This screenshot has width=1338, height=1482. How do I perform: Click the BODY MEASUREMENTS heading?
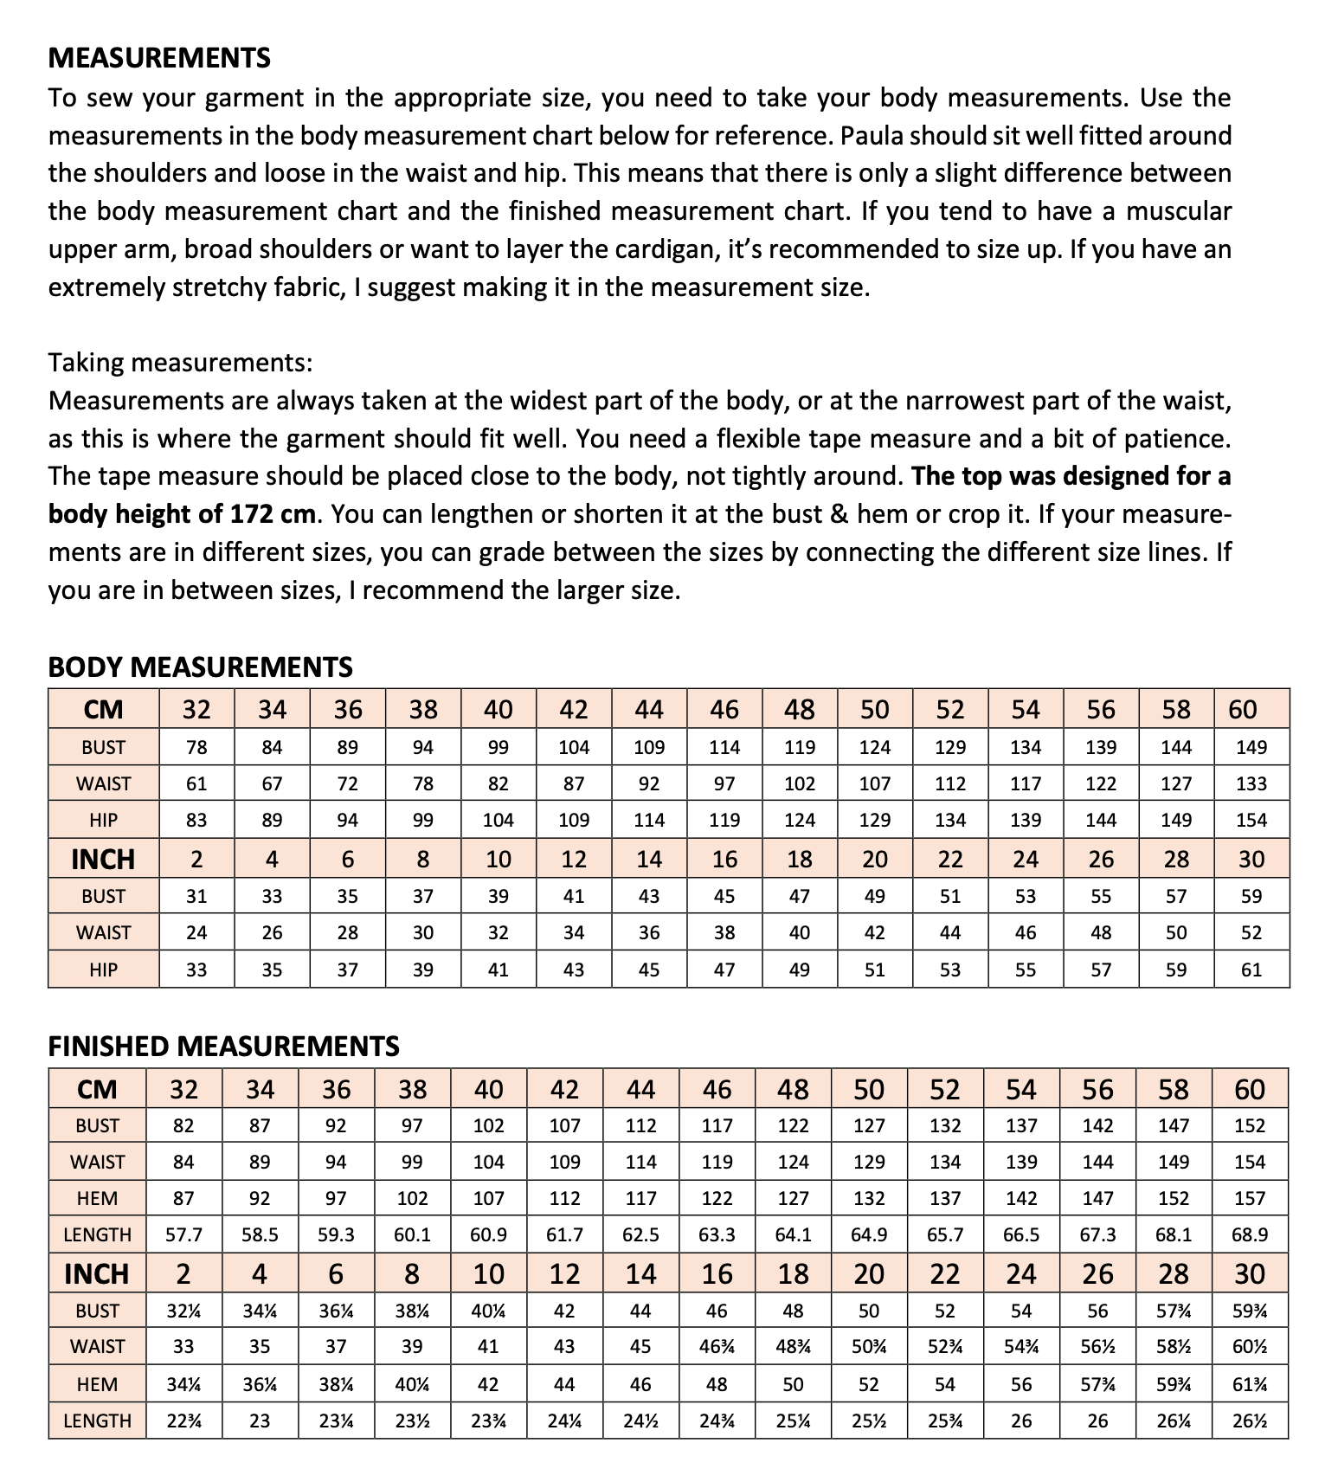[200, 667]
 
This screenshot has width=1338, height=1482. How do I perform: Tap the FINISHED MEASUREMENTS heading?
[223, 1046]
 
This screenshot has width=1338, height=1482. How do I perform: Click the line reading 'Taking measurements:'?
[180, 362]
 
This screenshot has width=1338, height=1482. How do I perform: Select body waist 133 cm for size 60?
[1251, 784]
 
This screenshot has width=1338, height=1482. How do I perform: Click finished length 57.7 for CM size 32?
[183, 1235]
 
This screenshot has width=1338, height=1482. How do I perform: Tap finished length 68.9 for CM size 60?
[1250, 1235]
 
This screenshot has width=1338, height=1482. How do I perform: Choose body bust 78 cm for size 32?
[196, 748]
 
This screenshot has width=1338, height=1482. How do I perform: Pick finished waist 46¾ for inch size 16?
[717, 1347]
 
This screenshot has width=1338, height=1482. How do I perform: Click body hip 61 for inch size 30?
[1251, 970]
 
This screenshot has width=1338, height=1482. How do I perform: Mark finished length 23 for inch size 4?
[260, 1421]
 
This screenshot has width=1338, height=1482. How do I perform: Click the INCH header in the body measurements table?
[103, 860]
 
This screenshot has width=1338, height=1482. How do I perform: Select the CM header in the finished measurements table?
[97, 1089]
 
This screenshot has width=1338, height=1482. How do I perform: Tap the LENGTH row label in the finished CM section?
[97, 1235]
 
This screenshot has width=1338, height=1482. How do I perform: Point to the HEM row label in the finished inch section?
[97, 1384]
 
